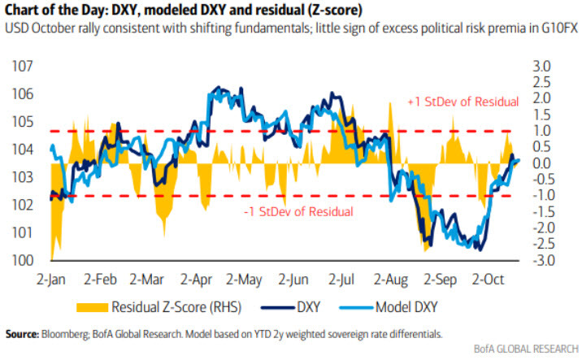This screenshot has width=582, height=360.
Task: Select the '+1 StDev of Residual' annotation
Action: click(463, 102)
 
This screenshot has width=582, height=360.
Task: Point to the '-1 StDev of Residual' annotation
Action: click(298, 212)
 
